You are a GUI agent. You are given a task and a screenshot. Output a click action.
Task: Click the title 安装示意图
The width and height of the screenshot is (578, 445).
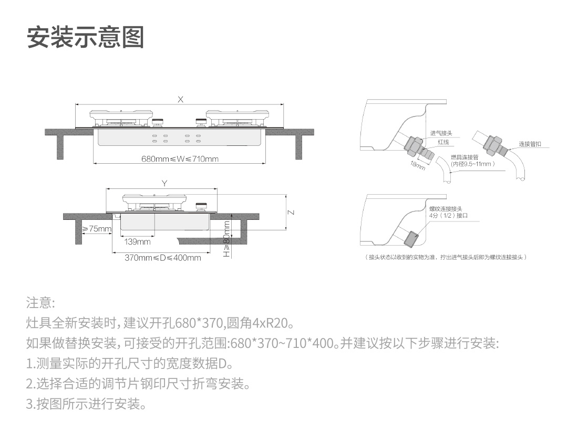(86, 37)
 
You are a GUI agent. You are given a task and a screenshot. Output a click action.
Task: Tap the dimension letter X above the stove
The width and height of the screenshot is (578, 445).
(180, 100)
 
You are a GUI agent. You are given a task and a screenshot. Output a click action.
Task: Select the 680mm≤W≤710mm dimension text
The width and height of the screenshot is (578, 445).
(180, 158)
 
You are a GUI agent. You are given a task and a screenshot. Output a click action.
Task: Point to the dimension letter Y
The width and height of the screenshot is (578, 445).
(164, 184)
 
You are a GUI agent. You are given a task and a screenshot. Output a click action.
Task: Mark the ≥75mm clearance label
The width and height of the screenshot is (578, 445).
(97, 229)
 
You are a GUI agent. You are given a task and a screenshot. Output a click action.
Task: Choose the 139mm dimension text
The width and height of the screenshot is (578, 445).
(138, 242)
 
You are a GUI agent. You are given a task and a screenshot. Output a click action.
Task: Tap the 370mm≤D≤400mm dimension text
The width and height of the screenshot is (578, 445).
(163, 258)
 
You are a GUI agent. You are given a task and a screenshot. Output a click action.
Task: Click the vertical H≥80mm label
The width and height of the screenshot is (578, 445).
(226, 239)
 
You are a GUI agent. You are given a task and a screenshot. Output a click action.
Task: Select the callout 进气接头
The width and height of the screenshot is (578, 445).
(441, 133)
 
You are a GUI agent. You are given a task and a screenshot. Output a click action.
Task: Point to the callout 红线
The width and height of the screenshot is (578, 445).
(443, 142)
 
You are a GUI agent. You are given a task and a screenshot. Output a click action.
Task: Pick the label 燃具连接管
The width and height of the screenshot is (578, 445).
(465, 157)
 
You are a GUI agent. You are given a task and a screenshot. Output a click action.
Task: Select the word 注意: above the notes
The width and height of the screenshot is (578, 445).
(40, 303)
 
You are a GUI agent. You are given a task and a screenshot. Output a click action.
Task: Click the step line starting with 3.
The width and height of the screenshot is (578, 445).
(86, 405)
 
